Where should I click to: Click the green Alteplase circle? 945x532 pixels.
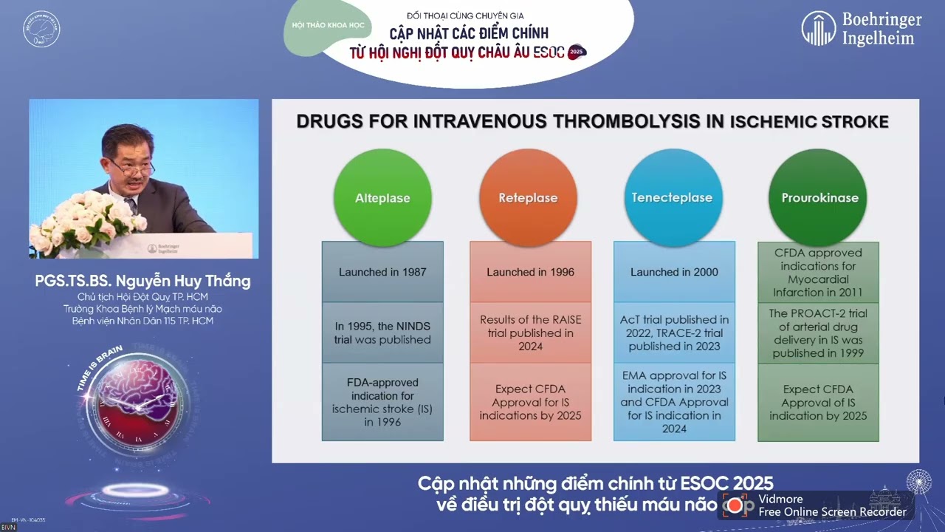coord(382,197)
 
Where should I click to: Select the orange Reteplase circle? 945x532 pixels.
coord(528,197)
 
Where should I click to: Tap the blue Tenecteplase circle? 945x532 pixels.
coord(672,197)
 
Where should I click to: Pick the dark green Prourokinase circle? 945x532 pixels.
coord(819,197)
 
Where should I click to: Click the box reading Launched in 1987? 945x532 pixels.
coord(382,272)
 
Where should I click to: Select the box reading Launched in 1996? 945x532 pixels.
coord(530,272)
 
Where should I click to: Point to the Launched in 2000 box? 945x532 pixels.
coord(674,272)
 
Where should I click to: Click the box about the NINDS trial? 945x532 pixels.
coord(382,332)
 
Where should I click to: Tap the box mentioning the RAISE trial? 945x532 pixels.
coord(530,332)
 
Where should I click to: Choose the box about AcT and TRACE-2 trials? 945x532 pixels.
coord(674,332)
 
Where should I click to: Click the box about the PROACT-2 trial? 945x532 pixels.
coord(818,333)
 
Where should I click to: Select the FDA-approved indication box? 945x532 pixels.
coord(382,402)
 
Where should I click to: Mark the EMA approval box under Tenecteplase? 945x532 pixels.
coord(674,402)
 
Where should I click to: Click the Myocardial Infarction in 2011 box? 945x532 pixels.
coord(818,273)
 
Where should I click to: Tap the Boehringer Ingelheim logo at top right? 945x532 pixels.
coord(861,29)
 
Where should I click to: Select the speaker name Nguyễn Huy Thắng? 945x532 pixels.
coord(142,282)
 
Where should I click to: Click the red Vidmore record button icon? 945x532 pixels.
coord(735,505)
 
